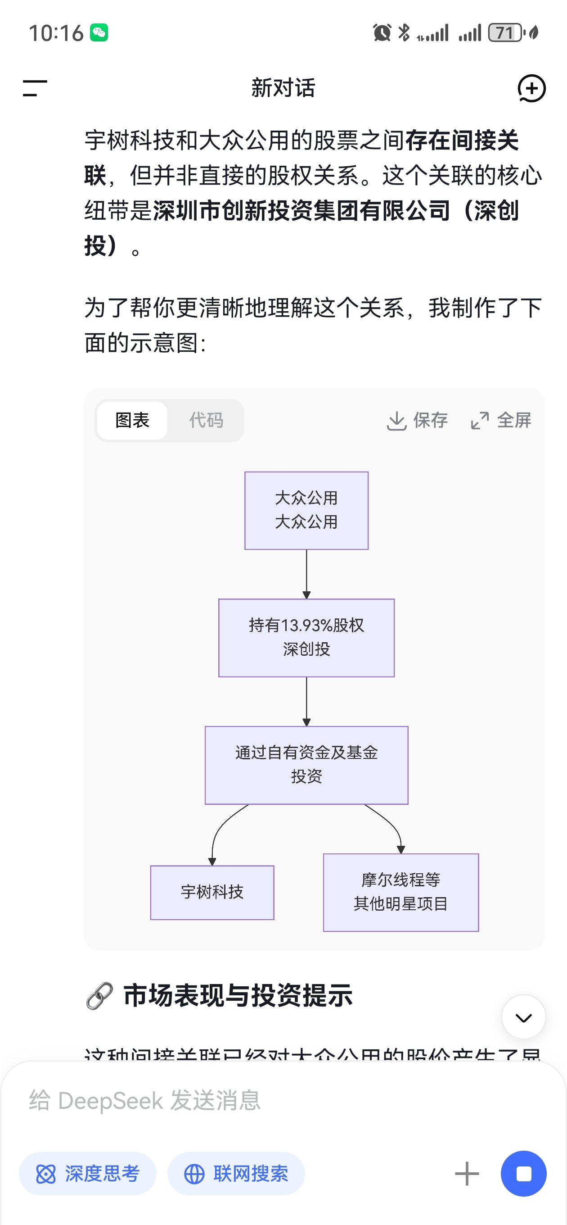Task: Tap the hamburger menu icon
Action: (35, 88)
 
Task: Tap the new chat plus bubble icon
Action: (531, 88)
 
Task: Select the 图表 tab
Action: (132, 420)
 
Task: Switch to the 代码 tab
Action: (206, 420)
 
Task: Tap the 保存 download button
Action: (417, 420)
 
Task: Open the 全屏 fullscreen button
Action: (500, 420)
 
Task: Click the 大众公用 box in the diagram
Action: (306, 510)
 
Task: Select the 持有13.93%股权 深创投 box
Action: (306, 637)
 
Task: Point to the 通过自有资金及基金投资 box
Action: (306, 765)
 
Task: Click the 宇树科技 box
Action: (212, 892)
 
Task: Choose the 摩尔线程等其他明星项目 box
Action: (400, 892)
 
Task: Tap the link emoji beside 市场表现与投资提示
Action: (100, 995)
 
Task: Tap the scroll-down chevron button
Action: (523, 1017)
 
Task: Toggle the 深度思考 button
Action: (87, 1174)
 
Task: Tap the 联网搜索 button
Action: (236, 1174)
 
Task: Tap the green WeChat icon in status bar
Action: (99, 33)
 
